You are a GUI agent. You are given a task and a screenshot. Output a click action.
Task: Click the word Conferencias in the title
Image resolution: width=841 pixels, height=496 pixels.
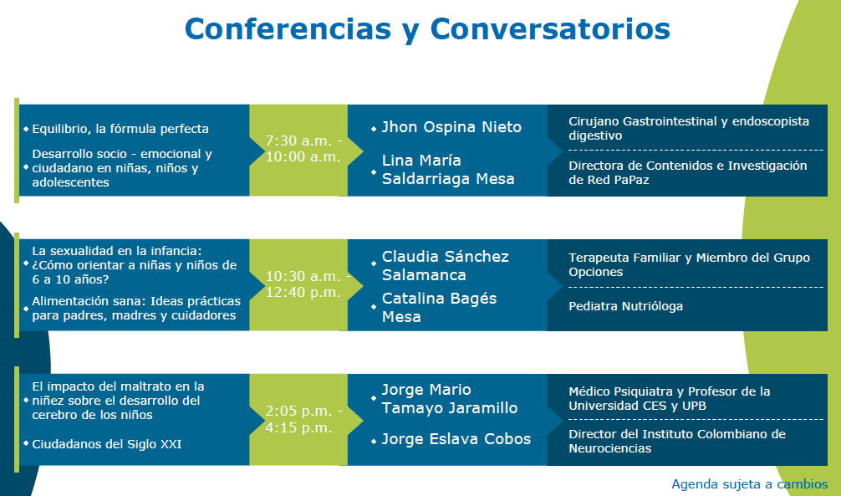(x=288, y=28)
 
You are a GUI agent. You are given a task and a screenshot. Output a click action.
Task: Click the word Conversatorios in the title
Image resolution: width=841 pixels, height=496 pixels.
(x=550, y=28)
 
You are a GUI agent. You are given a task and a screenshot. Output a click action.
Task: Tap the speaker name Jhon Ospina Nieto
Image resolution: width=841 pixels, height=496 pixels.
(x=451, y=127)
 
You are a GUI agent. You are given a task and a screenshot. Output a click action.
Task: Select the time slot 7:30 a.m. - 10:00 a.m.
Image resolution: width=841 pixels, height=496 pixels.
(x=303, y=149)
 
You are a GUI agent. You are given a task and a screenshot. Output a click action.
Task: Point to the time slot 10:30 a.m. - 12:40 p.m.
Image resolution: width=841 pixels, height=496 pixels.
(x=308, y=284)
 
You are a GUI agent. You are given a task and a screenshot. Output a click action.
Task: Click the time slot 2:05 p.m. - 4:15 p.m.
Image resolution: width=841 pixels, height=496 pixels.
(x=303, y=419)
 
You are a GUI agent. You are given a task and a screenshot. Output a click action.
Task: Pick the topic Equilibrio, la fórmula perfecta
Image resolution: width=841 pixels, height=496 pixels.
(x=120, y=129)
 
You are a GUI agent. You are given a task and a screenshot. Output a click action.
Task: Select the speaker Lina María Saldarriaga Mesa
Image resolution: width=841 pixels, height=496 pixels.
(x=448, y=170)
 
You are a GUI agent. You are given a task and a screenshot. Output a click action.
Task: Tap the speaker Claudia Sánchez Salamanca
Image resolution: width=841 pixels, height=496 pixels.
(x=446, y=266)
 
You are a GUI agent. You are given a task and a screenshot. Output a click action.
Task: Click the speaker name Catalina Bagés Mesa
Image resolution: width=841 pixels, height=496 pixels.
(x=439, y=308)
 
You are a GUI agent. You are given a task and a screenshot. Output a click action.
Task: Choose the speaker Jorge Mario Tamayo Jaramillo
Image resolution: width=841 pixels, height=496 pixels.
(x=450, y=399)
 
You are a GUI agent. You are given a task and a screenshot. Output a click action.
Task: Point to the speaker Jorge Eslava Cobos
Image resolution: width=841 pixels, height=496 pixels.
(x=456, y=439)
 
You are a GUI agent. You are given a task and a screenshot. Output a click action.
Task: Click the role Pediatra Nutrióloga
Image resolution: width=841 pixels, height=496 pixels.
(x=626, y=306)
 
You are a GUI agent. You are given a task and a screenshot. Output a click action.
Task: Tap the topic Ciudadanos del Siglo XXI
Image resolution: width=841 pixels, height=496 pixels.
(x=107, y=444)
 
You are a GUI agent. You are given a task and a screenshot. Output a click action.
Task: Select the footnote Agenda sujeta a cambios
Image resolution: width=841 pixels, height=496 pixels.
(x=750, y=484)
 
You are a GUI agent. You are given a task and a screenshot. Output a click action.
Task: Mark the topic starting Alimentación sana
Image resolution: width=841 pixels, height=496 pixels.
(x=136, y=308)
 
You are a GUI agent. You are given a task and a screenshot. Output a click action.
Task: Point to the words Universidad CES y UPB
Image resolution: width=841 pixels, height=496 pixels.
(x=638, y=406)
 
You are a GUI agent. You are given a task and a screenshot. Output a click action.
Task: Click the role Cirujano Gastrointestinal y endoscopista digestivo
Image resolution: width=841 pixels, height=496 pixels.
(x=689, y=128)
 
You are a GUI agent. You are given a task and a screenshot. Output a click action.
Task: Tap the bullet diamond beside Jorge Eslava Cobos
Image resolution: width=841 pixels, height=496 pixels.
(x=374, y=442)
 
